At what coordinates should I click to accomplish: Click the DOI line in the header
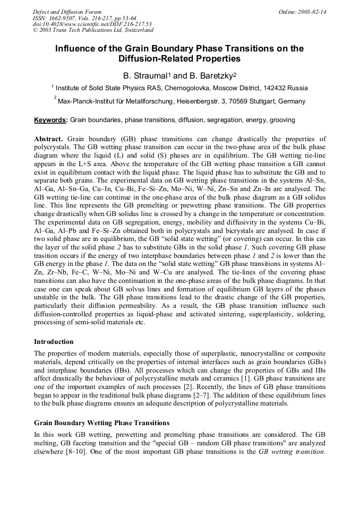92,24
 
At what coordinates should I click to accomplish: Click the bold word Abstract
48,139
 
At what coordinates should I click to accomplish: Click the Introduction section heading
54,342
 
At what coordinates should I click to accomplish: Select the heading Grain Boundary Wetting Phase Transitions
101,424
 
